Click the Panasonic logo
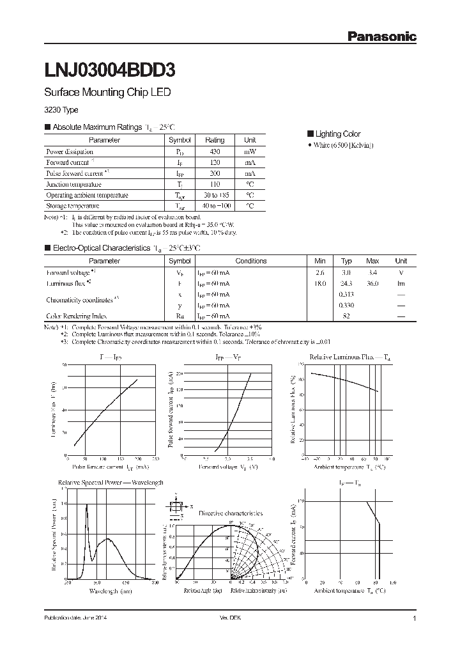coord(381,37)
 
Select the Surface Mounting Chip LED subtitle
coord(107,93)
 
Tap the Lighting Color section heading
coord(337,134)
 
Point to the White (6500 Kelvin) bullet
coord(344,146)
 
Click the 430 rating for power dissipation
coord(215,152)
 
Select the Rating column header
coord(215,140)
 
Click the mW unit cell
coord(250,152)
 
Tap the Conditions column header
coord(250,261)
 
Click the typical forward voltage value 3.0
coord(346,272)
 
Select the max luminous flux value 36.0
coord(372,283)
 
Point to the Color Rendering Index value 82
coord(346,316)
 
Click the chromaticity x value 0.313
coord(346,294)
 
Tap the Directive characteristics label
coord(230,513)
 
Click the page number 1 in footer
coord(415,619)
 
